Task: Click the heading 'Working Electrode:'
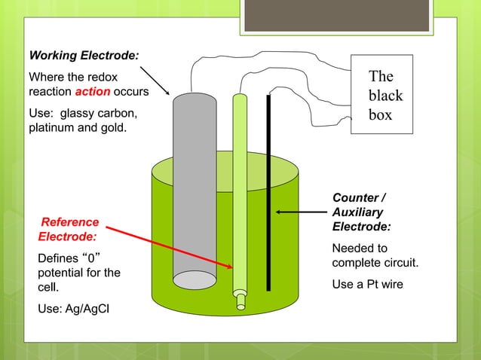click(x=83, y=55)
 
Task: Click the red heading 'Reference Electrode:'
click(x=69, y=229)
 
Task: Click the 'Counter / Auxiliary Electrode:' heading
click(x=362, y=212)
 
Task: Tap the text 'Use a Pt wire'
click(x=367, y=285)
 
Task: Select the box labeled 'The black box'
click(x=381, y=95)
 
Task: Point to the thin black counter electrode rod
click(x=268, y=188)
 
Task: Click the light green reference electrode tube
click(x=240, y=188)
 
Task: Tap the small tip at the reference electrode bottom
click(x=240, y=301)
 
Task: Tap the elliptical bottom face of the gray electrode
click(x=195, y=279)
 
